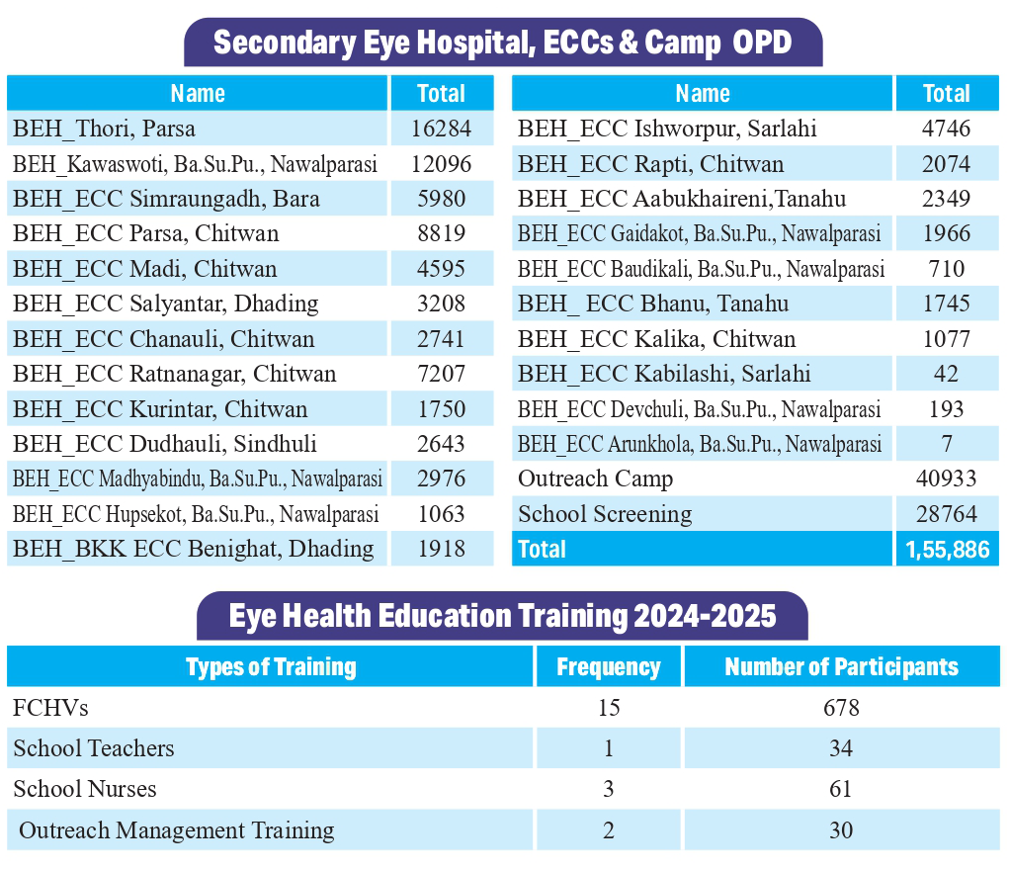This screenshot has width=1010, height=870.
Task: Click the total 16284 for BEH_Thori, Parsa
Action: pyautogui.click(x=441, y=129)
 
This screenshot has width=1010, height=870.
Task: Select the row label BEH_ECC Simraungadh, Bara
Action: pyautogui.click(x=166, y=199)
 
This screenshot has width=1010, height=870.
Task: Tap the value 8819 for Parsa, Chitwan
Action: pyautogui.click(x=441, y=233)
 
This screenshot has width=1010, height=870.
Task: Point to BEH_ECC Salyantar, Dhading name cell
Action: pyautogui.click(x=165, y=304)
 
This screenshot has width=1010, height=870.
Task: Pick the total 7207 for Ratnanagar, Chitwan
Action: pyautogui.click(x=441, y=374)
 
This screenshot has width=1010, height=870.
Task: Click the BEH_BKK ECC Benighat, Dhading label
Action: pyautogui.click(x=193, y=549)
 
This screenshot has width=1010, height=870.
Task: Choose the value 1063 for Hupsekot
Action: pyautogui.click(x=441, y=514)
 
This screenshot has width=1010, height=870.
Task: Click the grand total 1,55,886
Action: pyautogui.click(x=947, y=550)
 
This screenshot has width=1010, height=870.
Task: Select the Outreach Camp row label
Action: pyautogui.click(x=595, y=479)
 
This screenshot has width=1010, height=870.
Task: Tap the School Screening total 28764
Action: pyautogui.click(x=947, y=514)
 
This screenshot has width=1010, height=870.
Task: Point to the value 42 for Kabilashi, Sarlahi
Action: pyautogui.click(x=947, y=374)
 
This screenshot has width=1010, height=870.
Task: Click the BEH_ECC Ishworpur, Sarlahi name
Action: pyautogui.click(x=667, y=129)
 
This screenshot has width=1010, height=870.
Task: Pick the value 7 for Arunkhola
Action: pyautogui.click(x=947, y=444)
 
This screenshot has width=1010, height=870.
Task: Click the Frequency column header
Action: pyautogui.click(x=608, y=667)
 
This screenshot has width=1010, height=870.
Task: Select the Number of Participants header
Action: pyautogui.click(x=841, y=667)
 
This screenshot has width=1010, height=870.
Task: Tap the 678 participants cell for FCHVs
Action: pyautogui.click(x=841, y=709)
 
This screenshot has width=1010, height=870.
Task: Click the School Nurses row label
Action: pyautogui.click(x=85, y=789)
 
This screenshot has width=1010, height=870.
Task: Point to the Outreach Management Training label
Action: pyautogui.click(x=176, y=830)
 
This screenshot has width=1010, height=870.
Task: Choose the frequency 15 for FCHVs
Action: pyautogui.click(x=608, y=709)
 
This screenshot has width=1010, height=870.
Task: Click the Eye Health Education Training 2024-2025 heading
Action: pyautogui.click(x=502, y=616)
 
